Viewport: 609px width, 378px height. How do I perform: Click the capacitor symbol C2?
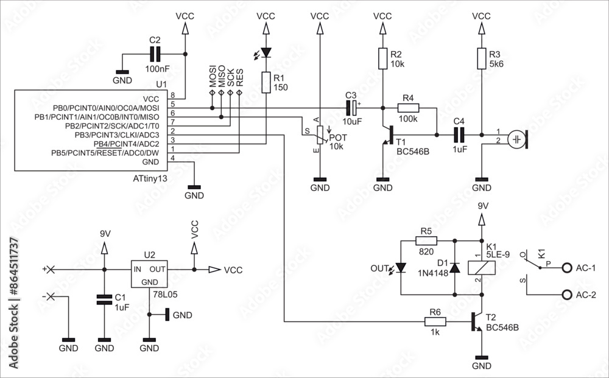155,54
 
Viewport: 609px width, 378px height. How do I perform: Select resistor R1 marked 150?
266,82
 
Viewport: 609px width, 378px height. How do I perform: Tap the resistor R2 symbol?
382,59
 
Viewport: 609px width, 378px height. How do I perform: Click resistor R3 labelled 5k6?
482,59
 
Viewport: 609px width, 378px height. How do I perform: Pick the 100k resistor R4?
408,108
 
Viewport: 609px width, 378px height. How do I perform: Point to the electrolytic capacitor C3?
352,108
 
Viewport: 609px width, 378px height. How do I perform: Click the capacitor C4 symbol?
459,135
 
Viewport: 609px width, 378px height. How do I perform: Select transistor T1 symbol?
387,135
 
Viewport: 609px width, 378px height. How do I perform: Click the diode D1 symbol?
454,268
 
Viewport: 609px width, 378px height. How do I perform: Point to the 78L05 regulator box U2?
149,275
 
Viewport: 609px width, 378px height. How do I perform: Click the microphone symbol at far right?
518,139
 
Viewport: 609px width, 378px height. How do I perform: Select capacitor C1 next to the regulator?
104,299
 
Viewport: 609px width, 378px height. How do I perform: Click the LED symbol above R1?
266,53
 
